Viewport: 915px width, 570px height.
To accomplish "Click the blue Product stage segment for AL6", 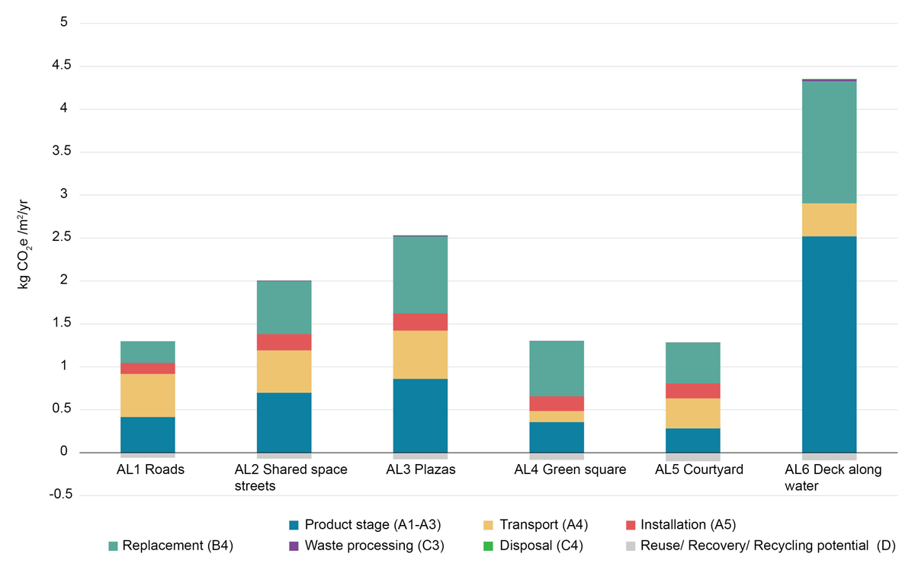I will click(x=829, y=344).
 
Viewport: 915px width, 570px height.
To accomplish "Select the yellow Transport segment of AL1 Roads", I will click(x=147, y=395).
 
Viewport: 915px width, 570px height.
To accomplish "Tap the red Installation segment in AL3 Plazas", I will click(x=420, y=322).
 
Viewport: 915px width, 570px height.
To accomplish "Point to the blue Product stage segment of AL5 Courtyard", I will click(x=693, y=440).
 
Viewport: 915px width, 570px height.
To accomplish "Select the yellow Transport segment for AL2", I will click(x=284, y=371).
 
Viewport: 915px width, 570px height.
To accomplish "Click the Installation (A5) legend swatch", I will click(x=630, y=524).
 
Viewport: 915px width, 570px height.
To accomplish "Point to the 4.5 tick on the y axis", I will click(x=59, y=66).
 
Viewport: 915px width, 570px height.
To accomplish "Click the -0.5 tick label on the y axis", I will click(x=57, y=495).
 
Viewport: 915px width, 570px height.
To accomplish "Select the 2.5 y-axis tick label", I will click(x=59, y=238).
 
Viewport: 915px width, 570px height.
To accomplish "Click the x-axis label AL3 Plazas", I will click(x=420, y=469).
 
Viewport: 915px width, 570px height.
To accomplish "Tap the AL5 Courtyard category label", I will click(x=693, y=469).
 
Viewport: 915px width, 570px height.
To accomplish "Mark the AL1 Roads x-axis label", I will click(x=147, y=469).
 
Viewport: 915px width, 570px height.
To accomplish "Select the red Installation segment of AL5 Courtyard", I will click(x=693, y=390).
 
